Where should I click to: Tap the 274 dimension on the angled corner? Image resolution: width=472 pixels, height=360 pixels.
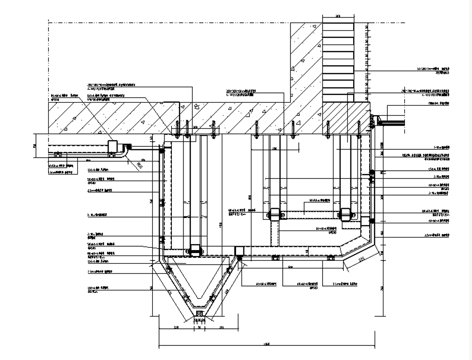pyautogui.click(x=361, y=261)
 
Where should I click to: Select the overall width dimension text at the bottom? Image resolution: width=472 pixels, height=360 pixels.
pyautogui.click(x=266, y=344)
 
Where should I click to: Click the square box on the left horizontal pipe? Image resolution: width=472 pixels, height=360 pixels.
pyautogui.click(x=114, y=147)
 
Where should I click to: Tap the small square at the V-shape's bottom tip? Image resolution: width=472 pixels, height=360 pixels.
pyautogui.click(x=199, y=313)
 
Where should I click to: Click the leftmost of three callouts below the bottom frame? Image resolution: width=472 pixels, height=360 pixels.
pyautogui.click(x=266, y=283)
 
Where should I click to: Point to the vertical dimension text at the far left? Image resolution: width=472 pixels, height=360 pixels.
pyautogui.click(x=35, y=145)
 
